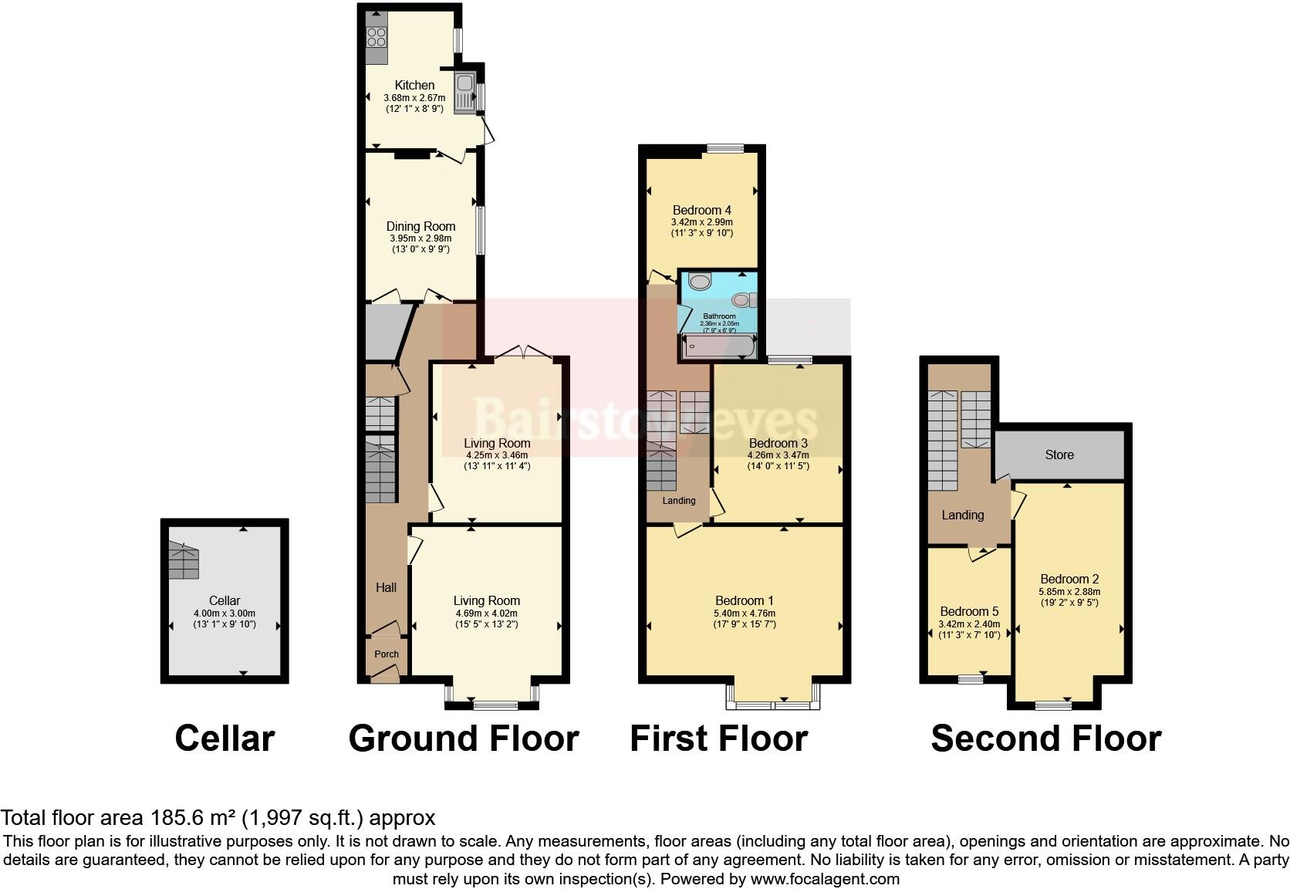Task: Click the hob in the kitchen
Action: click(x=377, y=36)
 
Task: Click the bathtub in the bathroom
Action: click(x=718, y=346)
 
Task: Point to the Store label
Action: click(x=1059, y=455)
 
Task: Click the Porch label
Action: click(x=387, y=654)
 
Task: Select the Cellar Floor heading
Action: click(x=225, y=738)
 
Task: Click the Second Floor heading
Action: click(x=1045, y=738)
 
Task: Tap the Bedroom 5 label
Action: click(x=969, y=611)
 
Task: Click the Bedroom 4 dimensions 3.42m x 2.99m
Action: click(x=701, y=221)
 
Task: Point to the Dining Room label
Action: click(x=420, y=226)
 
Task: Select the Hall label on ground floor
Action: click(x=386, y=587)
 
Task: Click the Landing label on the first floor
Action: click(x=679, y=500)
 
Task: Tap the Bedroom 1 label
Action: click(x=744, y=600)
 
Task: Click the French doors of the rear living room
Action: click(x=523, y=353)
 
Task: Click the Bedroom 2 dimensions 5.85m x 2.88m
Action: click(x=1069, y=591)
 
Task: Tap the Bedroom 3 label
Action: click(x=778, y=443)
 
